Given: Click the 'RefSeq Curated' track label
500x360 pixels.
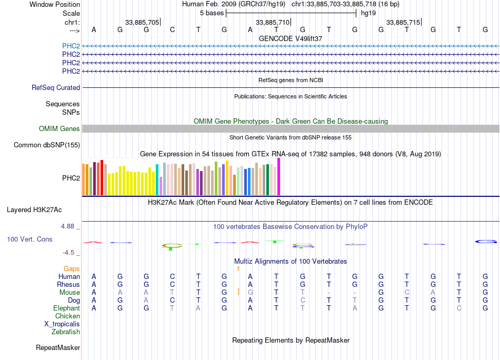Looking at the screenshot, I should coord(56,88).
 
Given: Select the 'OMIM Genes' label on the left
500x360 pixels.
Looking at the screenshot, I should coord(59,129).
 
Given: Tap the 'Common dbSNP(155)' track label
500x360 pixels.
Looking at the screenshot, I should coord(47,145).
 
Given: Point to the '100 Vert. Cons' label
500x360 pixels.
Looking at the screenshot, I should coord(29,239).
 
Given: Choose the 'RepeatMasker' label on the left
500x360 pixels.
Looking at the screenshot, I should coord(58,348).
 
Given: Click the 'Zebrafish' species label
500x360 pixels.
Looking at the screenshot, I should coord(66,332).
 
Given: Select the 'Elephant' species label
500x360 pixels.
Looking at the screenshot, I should coord(66,308).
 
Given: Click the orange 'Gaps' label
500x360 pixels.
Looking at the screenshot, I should coord(72,269).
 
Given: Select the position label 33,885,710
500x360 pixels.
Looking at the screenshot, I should coord(273,23).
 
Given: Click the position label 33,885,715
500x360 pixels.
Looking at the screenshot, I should coord(403,23).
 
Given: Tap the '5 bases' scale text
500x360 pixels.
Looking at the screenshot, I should coord(212,13).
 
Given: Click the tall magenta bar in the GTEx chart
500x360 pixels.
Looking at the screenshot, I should coord(279,177).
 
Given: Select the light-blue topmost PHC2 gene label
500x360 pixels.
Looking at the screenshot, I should coord(71,46).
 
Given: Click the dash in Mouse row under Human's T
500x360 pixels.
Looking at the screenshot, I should coord(328,293).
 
